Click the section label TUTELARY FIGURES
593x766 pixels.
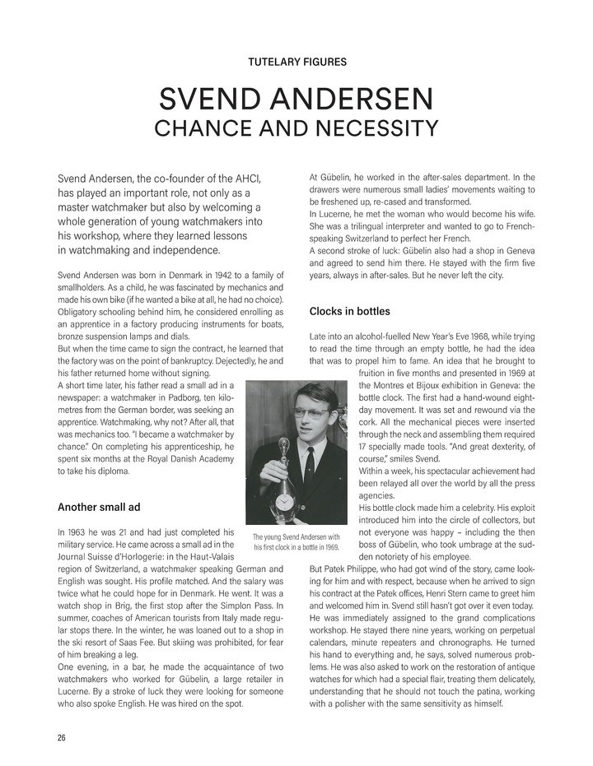click(296, 61)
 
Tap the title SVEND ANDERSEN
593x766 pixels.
click(296, 101)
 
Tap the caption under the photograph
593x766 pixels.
click(296, 541)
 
